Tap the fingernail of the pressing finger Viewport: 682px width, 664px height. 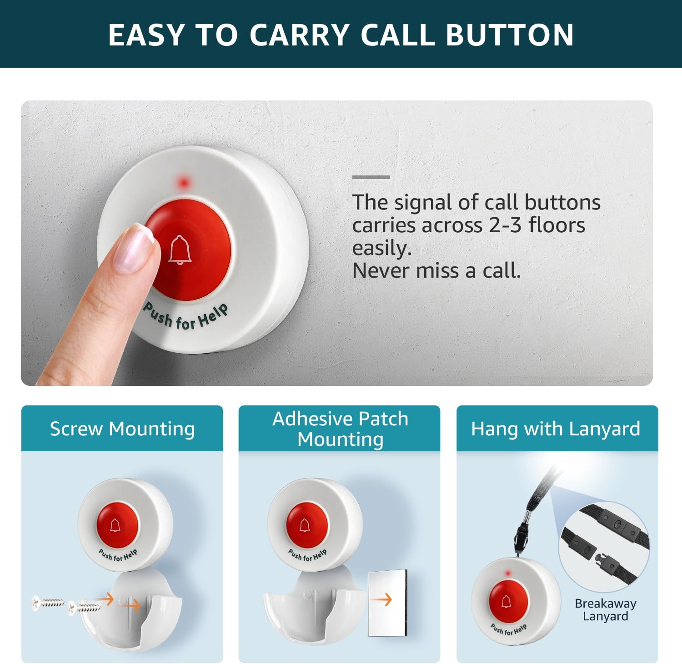[133, 249]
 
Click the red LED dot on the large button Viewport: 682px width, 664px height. [184, 183]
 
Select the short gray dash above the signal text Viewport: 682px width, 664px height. [371, 177]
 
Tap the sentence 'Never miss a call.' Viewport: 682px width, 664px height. [436, 271]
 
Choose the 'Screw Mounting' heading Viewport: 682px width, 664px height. [122, 429]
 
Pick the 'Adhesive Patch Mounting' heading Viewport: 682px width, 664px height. [340, 429]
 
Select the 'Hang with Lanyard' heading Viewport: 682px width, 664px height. [556, 429]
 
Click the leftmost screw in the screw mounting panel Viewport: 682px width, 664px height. [48, 603]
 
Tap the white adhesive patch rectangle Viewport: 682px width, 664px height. [387, 602]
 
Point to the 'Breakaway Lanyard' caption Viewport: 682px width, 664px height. [605, 610]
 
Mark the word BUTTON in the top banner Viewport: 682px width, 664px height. [510, 35]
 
